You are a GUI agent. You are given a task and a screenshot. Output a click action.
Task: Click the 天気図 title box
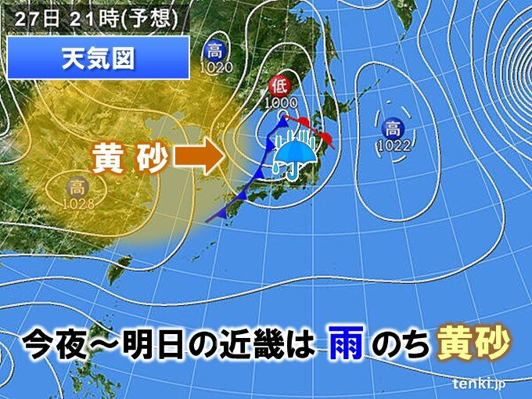tap(98, 57)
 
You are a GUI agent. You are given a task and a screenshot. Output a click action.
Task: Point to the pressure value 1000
tap(279, 102)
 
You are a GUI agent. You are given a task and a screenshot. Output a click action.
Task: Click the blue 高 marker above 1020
tap(214, 52)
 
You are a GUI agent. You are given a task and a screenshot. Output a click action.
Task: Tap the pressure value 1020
tap(214, 67)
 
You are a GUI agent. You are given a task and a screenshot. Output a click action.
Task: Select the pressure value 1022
tap(392, 146)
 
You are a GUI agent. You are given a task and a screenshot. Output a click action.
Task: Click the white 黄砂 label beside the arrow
tap(129, 159)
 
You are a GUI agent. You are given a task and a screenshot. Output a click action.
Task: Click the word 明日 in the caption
tap(148, 342)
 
